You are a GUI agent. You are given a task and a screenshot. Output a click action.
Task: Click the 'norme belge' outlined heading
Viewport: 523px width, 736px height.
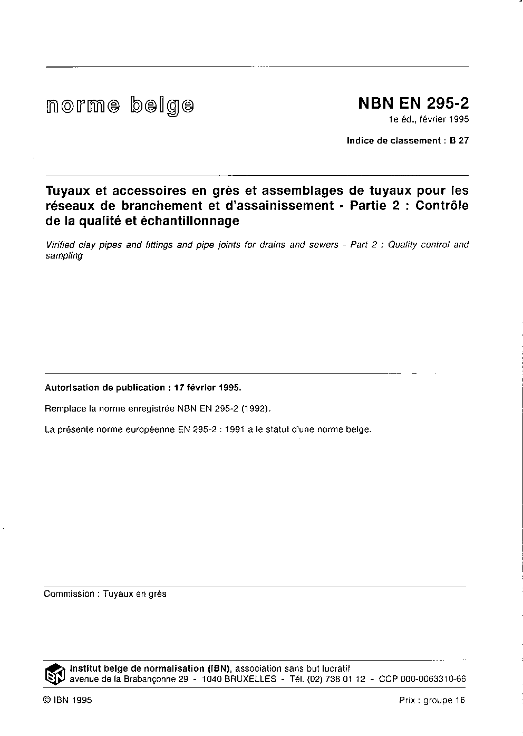[x=120, y=106]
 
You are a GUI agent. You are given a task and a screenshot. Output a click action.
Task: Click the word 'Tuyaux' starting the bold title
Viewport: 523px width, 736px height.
[x=67, y=190]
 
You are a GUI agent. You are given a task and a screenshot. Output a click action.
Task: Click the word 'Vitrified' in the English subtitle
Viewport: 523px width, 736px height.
[x=63, y=245]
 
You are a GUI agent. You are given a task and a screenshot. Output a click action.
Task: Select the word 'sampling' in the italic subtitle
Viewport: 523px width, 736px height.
[x=64, y=256]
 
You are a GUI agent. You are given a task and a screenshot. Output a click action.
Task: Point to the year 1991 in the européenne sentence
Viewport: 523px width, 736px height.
[x=234, y=429]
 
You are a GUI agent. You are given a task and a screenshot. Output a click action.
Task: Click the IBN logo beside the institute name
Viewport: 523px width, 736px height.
[x=55, y=674]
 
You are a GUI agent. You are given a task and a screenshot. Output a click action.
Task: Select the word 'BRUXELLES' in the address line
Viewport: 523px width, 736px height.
[x=250, y=680]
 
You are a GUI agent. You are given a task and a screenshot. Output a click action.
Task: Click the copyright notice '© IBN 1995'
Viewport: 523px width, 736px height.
[x=68, y=701]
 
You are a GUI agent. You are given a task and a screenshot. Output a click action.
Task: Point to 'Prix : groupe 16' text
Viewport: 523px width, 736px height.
[x=432, y=701]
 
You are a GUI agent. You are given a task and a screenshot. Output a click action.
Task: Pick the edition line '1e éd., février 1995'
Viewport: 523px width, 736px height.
[x=429, y=119]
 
